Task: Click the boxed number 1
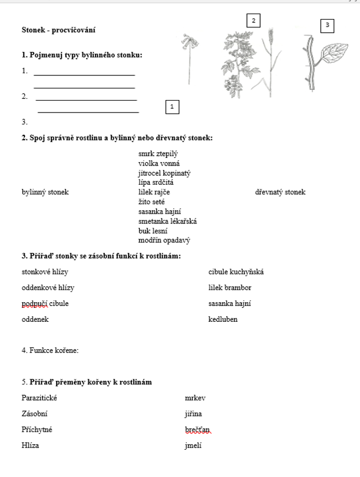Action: click(172, 107)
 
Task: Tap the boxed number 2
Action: click(253, 21)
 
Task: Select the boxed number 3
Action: click(327, 25)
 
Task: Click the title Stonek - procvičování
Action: click(54, 30)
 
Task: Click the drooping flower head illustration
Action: click(189, 41)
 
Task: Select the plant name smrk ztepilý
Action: click(158, 154)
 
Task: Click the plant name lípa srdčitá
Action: click(156, 182)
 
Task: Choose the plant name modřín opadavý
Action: click(164, 240)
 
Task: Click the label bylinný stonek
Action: click(45, 192)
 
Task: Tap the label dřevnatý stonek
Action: click(280, 192)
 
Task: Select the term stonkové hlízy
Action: click(45, 272)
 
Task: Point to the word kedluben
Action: click(223, 319)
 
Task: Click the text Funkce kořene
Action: click(50, 350)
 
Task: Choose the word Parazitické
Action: click(39, 398)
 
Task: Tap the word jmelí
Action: click(193, 445)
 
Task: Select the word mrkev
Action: click(195, 398)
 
